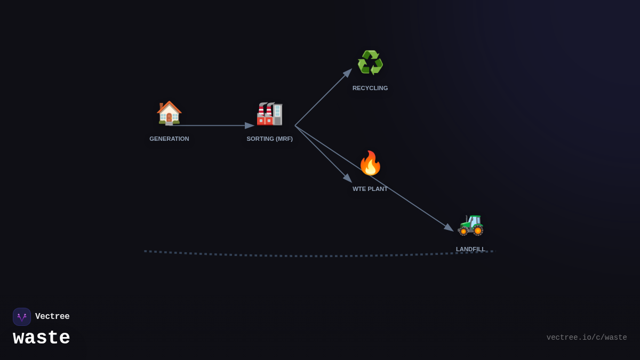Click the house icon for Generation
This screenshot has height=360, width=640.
pos(169,113)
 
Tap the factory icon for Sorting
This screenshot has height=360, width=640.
pos(269,113)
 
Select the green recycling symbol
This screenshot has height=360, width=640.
pos(370,62)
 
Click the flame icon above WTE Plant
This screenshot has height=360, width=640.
pos(370,163)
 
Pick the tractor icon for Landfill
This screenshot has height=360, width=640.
pos(470,223)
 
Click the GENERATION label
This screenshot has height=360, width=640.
pos(169,139)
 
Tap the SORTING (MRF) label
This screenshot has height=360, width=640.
pos(269,139)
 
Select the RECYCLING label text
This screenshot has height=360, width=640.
pos(370,88)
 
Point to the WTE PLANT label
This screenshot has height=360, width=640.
pos(370,189)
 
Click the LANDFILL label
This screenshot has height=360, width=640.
pos(470,249)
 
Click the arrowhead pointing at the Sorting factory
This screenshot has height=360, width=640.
pos(250,126)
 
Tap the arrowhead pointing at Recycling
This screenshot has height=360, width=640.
pos(348,73)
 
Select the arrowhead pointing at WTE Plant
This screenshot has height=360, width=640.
pos(348,178)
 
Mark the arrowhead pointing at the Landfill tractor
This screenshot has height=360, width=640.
pos(449,228)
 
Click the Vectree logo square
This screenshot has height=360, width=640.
pos(22,317)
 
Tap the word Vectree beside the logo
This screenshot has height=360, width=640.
pos(52,317)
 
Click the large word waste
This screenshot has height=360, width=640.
pos(42,338)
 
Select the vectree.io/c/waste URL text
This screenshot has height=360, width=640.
pos(587,338)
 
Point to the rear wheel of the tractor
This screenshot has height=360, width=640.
pos(477,230)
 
